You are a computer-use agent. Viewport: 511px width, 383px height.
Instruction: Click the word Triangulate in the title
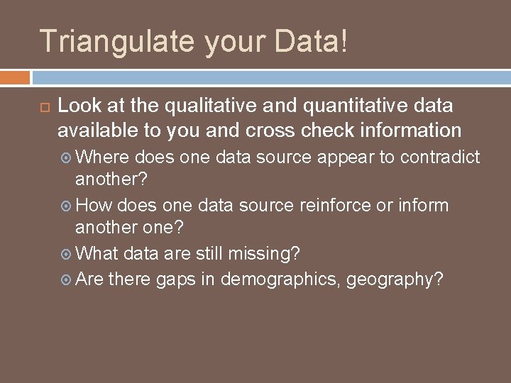pos(113,41)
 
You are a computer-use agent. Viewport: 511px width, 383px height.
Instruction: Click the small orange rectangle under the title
pos(15,77)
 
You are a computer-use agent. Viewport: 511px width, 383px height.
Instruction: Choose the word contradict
pos(441,156)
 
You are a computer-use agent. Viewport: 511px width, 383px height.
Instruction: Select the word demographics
pos(278,279)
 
